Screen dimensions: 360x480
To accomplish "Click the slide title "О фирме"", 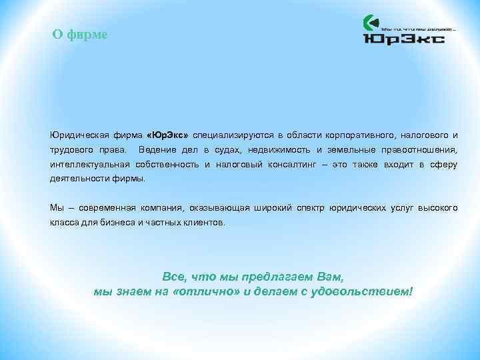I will tap(79, 35).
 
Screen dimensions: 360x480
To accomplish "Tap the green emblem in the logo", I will tap(370, 23).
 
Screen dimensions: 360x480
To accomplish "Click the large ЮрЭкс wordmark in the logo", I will tap(403, 39).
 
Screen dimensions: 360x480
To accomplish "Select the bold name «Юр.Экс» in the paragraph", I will tap(168, 135).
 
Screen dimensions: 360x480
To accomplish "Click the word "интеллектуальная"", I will tap(89, 165).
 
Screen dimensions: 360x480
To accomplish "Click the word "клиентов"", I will tap(205, 223).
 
